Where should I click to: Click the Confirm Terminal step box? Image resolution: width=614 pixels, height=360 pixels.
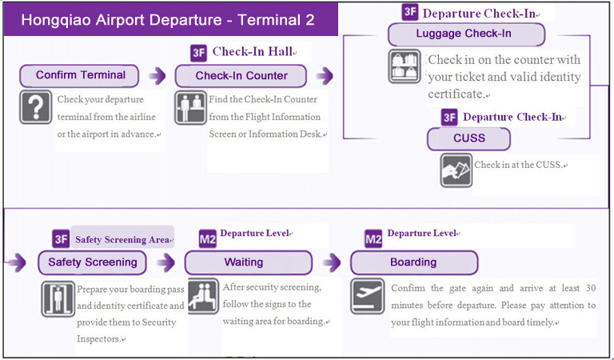79,76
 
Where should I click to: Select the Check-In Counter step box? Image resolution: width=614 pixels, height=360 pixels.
241,76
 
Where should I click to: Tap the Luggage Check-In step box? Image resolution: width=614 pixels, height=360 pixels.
466,34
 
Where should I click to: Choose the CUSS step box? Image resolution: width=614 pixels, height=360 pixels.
468,139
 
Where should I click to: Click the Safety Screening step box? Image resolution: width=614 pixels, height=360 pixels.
93,263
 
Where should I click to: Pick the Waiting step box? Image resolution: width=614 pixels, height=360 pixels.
249,263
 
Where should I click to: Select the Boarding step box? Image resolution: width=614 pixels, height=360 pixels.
414,263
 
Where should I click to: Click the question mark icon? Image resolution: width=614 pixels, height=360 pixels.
36,107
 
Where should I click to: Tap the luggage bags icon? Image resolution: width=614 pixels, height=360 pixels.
405,66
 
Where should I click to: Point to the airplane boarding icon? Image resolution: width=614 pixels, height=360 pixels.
367,296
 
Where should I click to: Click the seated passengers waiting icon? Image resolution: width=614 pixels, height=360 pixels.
203,296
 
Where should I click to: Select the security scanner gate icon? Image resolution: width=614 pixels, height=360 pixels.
58,299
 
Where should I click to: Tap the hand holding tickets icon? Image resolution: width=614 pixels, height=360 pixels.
457,170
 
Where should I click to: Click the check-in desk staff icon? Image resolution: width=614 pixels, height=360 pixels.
190,107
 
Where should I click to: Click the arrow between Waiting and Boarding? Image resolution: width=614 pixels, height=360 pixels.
332,262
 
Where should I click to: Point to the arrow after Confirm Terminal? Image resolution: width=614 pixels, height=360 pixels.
157,76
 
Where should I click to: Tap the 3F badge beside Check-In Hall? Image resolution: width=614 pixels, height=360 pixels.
198,53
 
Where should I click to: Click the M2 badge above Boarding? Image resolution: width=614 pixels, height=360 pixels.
373,238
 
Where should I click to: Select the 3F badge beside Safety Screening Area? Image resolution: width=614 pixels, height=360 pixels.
61,238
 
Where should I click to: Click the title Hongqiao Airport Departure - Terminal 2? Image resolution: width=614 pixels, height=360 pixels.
168,20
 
